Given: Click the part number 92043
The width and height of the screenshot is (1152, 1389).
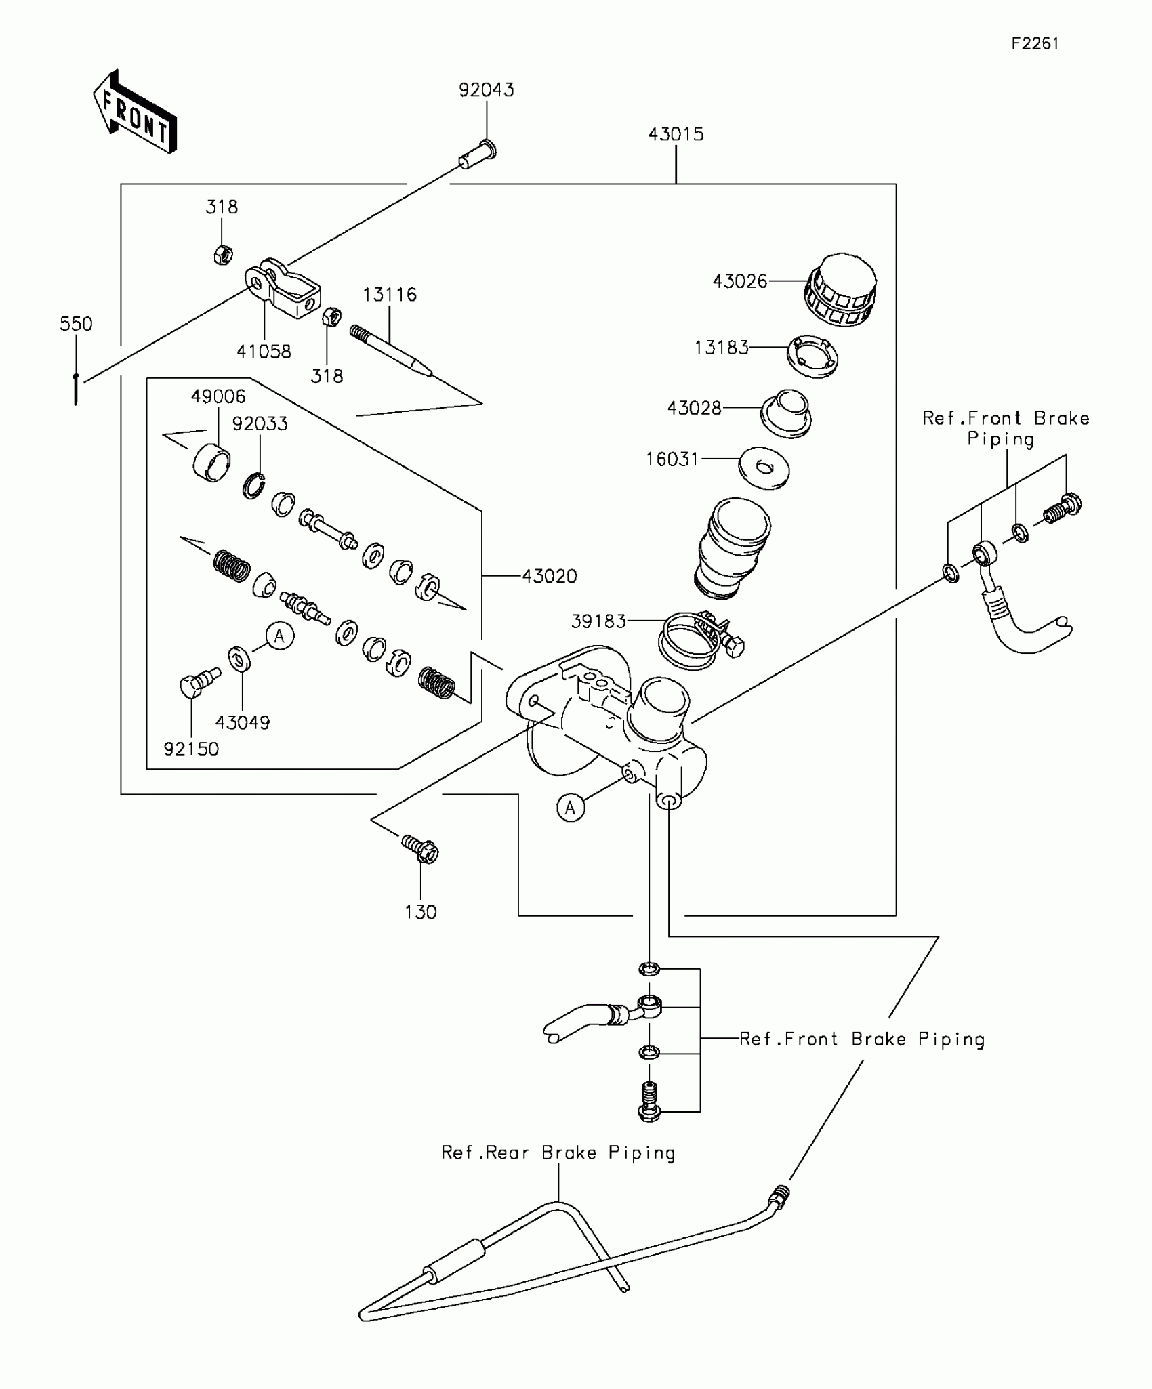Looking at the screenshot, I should [486, 90].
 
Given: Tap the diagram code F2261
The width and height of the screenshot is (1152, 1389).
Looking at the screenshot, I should [1035, 44].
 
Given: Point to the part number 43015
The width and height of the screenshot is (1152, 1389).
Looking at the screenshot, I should [676, 134].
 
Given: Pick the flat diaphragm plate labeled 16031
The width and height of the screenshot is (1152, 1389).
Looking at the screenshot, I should [764, 468].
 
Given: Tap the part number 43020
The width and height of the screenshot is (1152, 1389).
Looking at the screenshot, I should [550, 577].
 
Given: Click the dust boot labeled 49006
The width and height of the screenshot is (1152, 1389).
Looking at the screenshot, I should [211, 463].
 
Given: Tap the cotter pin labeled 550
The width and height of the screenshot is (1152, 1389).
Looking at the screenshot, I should [76, 389].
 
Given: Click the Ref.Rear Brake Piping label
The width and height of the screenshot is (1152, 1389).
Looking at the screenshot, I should [558, 1153].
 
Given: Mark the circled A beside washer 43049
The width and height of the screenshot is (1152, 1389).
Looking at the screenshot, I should [279, 636].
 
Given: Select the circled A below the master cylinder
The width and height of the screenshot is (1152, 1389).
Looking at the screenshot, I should [570, 808].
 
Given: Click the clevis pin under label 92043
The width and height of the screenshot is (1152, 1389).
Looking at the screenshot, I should [478, 155].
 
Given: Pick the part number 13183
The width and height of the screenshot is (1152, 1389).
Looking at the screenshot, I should [721, 348].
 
